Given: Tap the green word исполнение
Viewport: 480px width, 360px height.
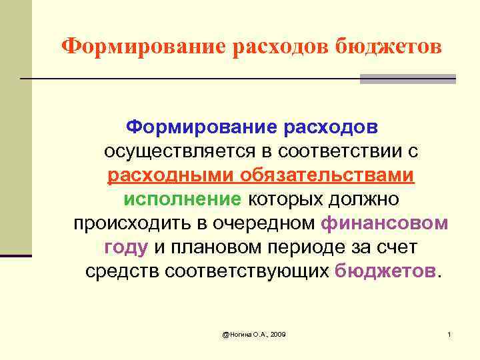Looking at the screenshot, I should click(182, 199).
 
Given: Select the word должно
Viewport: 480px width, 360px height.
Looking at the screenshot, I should click(363, 199).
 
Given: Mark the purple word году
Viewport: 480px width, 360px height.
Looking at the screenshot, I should click(125, 248).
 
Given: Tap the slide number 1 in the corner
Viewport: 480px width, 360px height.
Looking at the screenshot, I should click(450, 333).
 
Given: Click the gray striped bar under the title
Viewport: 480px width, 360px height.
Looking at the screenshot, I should click(407, 79).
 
